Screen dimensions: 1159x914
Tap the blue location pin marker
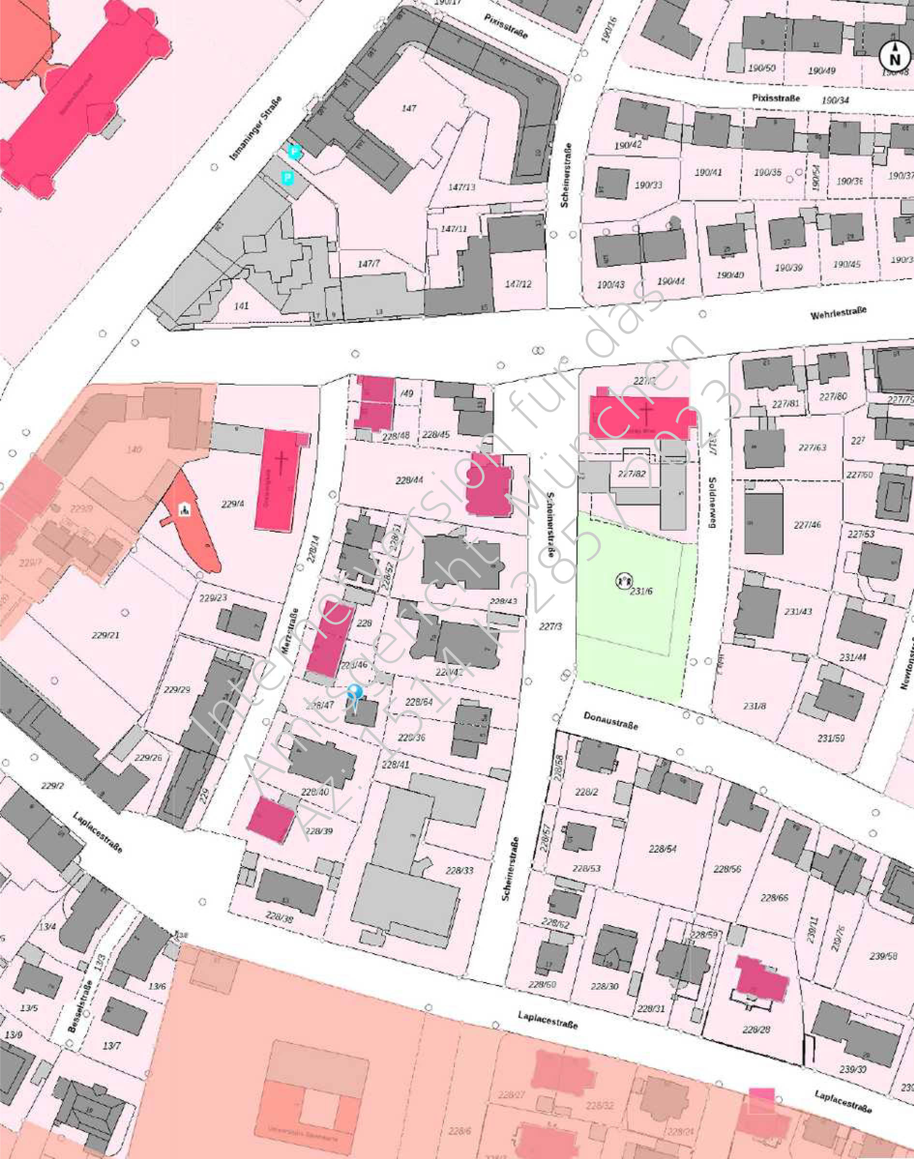355,693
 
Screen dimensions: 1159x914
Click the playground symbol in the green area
624,580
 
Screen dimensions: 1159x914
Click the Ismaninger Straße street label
256,129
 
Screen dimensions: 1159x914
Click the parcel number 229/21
105,636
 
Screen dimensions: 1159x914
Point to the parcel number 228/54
663,849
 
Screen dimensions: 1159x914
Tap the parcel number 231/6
641,591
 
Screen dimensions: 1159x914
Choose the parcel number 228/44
410,480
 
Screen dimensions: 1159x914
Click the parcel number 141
241,306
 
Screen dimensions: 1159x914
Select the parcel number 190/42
628,145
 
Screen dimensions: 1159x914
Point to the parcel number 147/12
518,284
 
